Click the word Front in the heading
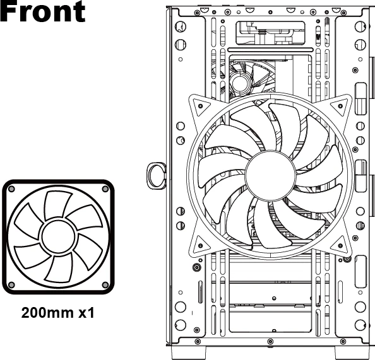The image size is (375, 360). pos(42,11)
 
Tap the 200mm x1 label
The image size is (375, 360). pos(58,313)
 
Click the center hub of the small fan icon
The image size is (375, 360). pos(58,236)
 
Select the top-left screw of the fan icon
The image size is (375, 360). pos(11,189)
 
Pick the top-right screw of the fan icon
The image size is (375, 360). pos(105,189)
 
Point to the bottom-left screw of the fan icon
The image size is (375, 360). pos(11,285)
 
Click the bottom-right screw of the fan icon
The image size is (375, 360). pos(105,285)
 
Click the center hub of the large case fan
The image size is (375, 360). pos(270,175)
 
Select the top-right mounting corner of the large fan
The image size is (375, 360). pos(340,105)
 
